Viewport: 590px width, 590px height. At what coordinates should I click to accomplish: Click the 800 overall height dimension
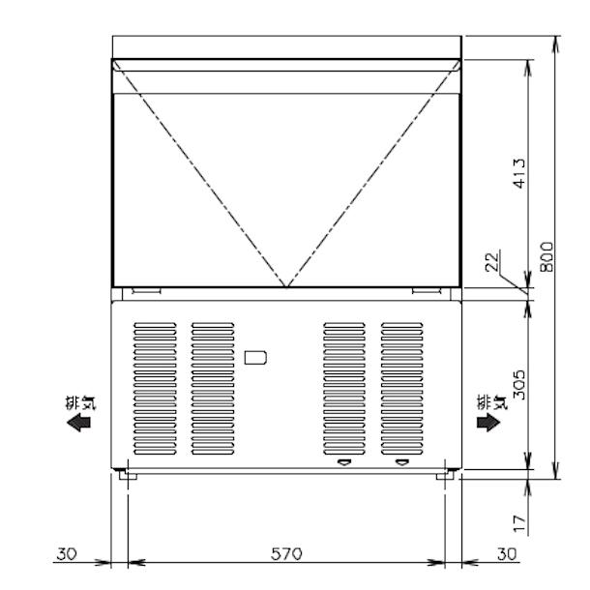[x=546, y=256]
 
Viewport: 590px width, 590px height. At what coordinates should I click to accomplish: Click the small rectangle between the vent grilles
[x=256, y=357]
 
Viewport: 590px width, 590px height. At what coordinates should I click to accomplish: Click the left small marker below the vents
[x=342, y=462]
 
